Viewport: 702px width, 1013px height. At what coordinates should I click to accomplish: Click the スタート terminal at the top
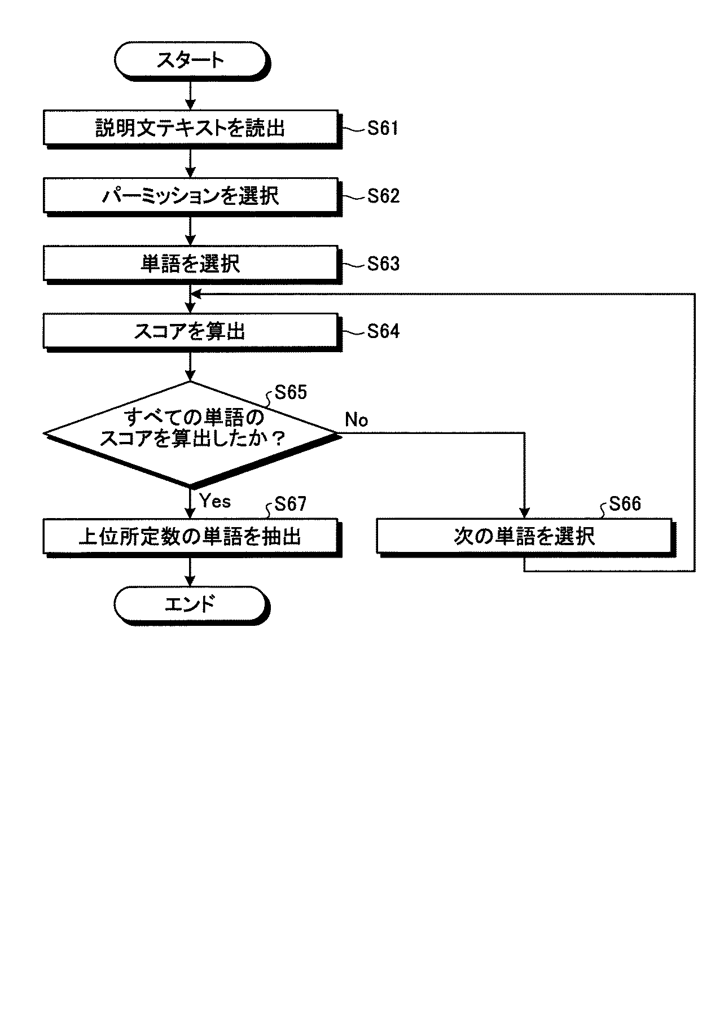click(190, 60)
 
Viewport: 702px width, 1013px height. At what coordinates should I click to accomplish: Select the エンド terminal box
click(190, 604)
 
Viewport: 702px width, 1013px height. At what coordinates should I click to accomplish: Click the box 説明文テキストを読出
click(191, 128)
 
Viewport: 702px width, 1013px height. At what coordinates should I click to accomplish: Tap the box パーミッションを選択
click(191, 196)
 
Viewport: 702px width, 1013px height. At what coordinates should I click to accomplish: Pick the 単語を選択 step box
click(191, 264)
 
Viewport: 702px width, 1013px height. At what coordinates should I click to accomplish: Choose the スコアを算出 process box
click(191, 331)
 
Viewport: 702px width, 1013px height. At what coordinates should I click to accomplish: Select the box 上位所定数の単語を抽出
click(191, 536)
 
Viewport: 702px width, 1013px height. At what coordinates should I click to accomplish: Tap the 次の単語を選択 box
click(525, 536)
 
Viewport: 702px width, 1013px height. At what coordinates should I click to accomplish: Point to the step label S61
click(383, 128)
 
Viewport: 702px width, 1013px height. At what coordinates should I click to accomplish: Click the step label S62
click(383, 196)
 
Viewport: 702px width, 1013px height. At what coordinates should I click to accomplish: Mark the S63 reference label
click(383, 264)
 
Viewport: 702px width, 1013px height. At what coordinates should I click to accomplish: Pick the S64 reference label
click(383, 331)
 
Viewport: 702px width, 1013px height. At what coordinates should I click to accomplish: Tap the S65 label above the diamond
click(291, 392)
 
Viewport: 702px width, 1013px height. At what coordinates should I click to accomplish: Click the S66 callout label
click(625, 503)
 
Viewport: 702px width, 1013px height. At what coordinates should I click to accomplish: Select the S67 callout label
click(291, 503)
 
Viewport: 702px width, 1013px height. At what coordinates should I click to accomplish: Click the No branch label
click(356, 420)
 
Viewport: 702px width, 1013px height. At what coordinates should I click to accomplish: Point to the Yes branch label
click(215, 501)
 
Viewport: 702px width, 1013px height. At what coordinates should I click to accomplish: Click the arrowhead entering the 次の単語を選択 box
click(525, 514)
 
